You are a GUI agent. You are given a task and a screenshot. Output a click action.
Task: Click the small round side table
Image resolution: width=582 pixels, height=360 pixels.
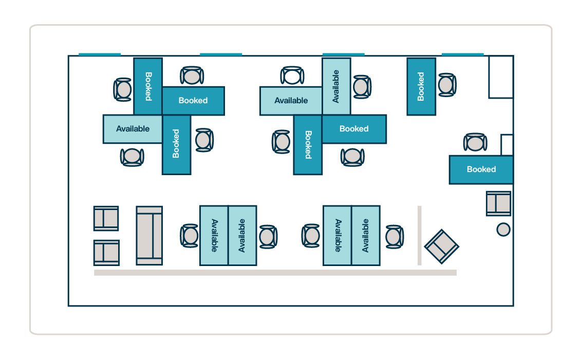[503, 230]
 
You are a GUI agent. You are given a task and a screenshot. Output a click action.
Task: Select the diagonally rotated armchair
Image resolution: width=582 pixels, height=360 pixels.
[441, 247]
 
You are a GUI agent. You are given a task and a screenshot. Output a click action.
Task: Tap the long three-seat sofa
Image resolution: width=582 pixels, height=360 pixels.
[149, 236]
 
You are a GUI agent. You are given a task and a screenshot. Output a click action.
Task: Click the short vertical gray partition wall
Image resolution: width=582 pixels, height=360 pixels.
[420, 236]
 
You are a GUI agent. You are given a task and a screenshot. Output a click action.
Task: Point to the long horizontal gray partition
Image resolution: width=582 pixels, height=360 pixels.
[275, 273]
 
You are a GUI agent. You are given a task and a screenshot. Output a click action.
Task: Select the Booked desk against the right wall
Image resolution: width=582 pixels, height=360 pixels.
[481, 169]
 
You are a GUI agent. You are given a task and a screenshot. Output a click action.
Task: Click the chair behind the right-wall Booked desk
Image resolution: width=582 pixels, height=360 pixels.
[475, 143]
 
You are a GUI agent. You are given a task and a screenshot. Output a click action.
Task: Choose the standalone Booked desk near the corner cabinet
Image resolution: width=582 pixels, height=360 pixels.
[421, 86]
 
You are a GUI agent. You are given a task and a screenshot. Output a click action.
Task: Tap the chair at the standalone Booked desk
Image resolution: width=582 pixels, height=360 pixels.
[447, 85]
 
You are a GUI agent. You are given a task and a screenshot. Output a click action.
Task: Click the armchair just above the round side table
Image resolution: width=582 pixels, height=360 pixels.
[498, 203]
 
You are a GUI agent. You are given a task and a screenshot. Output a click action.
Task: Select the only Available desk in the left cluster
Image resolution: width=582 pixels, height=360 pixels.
[133, 129]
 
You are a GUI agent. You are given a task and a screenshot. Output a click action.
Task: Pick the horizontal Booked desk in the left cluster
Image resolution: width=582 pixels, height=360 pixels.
[193, 101]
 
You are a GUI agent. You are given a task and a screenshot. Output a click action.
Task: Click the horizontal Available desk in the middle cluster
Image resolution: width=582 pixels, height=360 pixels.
[291, 101]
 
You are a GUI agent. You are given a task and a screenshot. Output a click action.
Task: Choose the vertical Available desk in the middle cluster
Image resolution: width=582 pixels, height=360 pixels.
[336, 86]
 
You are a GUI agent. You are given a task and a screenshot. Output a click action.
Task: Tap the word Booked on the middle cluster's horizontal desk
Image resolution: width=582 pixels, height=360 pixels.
[354, 129]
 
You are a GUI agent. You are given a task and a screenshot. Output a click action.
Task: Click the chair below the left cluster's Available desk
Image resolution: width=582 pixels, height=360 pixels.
[132, 157]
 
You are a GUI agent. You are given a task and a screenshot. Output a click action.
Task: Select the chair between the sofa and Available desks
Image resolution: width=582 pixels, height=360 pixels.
[190, 236]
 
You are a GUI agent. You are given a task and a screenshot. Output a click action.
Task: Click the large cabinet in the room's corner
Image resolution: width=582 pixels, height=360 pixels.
[500, 77]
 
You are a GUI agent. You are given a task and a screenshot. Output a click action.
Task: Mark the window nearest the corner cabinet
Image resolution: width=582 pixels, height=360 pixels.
[462, 54]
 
